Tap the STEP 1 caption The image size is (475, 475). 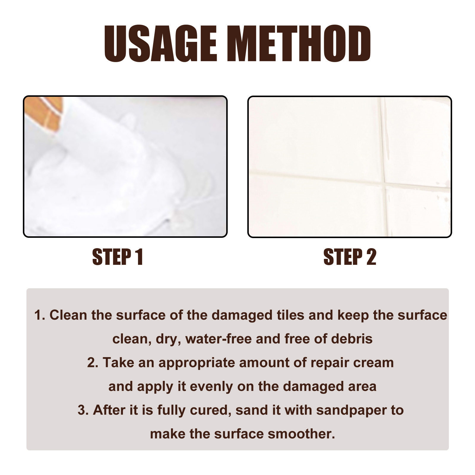click(118, 257)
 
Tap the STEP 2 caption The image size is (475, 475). click(350, 257)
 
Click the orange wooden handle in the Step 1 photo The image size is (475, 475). click(45, 113)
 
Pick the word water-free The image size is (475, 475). click(218, 339)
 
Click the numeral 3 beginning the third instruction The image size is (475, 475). click(81, 410)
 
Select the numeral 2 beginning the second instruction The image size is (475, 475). click(91, 363)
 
